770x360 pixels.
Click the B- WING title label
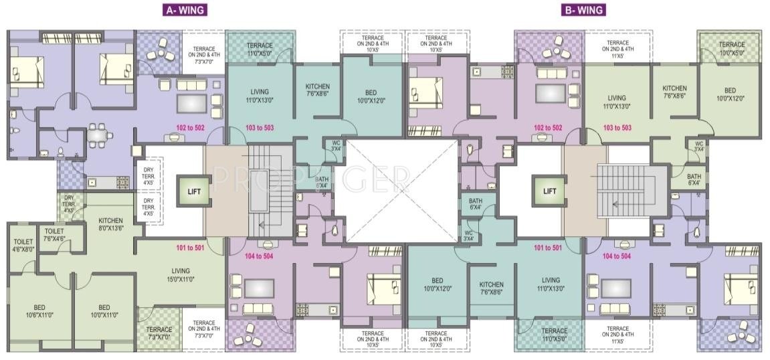point(583,9)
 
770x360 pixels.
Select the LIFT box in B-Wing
point(549,191)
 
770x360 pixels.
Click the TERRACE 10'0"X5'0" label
point(731,48)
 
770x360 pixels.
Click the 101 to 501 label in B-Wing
point(549,249)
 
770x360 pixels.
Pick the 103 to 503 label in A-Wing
point(260,128)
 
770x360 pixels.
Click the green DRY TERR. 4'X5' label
point(68,204)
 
